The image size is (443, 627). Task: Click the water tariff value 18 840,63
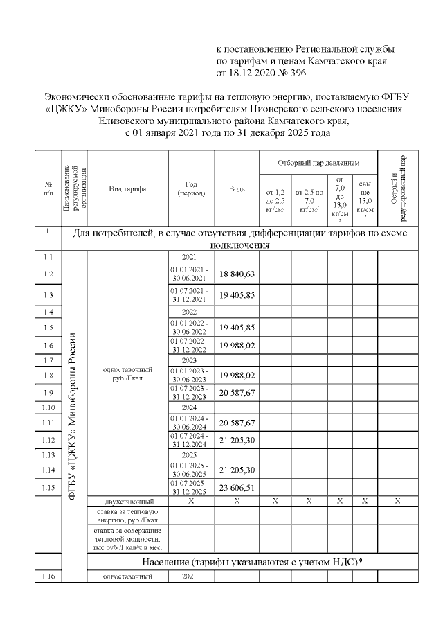tap(237, 274)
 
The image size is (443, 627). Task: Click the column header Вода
tap(237, 188)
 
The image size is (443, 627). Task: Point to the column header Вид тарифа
tap(127, 188)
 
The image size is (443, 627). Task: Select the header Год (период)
tap(192, 188)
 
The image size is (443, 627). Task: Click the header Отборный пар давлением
tap(318, 161)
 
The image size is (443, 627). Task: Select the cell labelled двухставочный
tap(127, 500)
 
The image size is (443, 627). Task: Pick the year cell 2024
tap(190, 407)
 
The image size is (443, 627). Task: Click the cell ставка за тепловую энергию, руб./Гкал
tap(127, 515)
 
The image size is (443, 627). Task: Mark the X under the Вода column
tap(237, 500)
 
